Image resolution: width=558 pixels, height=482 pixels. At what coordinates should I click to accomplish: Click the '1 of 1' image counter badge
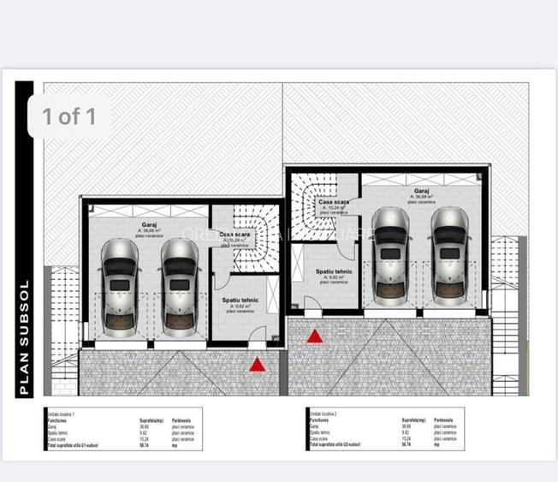pyautogui.click(x=69, y=116)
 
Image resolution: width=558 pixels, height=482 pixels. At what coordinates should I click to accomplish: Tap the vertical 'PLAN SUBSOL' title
pyautogui.click(x=25, y=337)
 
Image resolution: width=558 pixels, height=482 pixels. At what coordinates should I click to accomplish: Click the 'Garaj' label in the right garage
pyautogui.click(x=422, y=191)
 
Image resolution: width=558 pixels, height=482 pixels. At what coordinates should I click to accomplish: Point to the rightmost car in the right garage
pyautogui.click(x=450, y=254)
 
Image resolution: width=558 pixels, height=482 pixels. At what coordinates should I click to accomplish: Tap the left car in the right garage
pyautogui.click(x=390, y=254)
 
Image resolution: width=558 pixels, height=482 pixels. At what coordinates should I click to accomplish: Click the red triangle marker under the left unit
pyautogui.click(x=257, y=365)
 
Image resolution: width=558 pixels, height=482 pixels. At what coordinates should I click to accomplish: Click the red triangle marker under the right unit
pyautogui.click(x=315, y=336)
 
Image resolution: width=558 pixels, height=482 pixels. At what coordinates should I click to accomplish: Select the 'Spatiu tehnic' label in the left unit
pyautogui.click(x=240, y=301)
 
